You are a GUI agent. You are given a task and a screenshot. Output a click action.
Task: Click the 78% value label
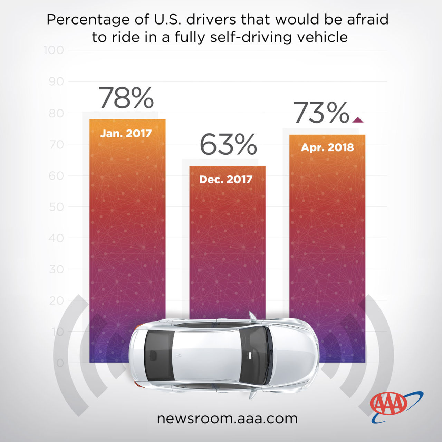point(126,98)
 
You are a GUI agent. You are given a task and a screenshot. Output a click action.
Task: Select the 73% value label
point(321,113)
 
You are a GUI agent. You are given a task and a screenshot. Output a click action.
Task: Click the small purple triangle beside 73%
point(358,120)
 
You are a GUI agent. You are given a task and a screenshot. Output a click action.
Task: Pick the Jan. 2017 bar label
point(126,133)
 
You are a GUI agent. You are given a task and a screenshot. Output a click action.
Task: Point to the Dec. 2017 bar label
point(226,179)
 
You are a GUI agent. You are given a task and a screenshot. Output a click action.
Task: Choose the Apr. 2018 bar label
point(327,147)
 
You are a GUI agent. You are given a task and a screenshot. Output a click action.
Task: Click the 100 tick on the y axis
point(54,50)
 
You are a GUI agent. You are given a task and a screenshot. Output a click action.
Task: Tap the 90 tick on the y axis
point(56,81)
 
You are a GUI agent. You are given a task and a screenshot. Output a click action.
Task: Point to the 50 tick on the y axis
point(56,207)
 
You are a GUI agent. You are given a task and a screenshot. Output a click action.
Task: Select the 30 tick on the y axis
point(56,269)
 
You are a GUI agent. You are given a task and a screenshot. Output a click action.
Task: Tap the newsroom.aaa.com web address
point(227,419)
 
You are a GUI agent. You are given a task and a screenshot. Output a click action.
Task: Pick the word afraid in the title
point(368,19)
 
